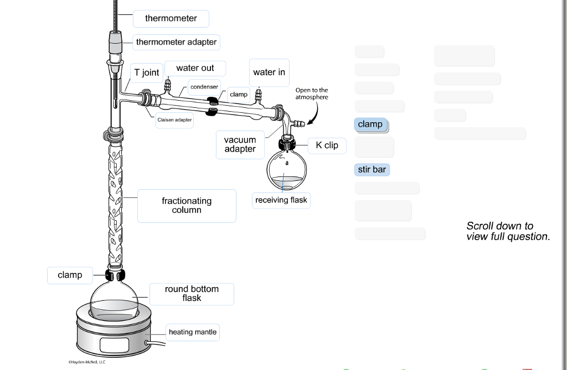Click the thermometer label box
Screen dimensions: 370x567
coord(171,19)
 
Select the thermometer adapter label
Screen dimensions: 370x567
coord(176,43)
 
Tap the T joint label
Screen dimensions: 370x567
coord(146,73)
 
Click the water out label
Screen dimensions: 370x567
coord(195,69)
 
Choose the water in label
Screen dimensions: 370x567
coord(269,72)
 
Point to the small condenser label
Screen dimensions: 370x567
coord(204,87)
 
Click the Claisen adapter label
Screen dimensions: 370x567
coord(174,120)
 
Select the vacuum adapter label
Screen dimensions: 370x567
coord(240,144)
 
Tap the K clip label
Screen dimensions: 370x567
coord(327,145)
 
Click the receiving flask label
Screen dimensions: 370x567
coord(281,200)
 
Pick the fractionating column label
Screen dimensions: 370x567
coord(187,206)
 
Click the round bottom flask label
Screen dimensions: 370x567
coord(192,294)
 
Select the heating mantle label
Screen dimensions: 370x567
coord(193,332)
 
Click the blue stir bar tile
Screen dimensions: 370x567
coord(372,170)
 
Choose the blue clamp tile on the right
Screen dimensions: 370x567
coord(370,124)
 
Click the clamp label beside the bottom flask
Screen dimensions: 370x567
coord(70,275)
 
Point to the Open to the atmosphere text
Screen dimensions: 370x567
coord(311,93)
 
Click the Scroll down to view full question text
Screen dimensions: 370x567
coord(508,231)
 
